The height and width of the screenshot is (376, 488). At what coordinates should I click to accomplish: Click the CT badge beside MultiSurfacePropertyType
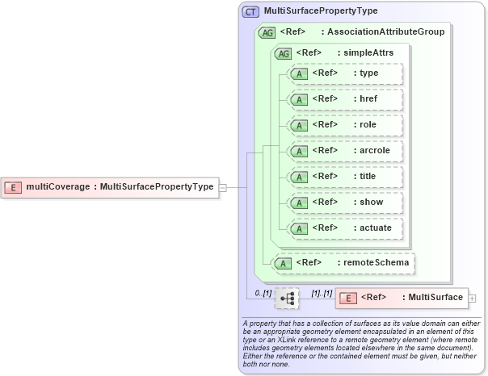(251, 12)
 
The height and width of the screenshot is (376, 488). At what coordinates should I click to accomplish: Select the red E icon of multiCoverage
(14, 187)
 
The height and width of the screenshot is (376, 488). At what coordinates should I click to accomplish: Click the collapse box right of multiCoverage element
(222, 187)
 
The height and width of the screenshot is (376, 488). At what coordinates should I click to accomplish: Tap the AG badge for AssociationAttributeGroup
(267, 32)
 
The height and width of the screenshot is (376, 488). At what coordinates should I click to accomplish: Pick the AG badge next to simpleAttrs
(284, 53)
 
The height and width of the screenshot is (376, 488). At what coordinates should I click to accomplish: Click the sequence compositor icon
(287, 299)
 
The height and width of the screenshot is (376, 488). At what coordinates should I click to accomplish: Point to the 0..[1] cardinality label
(263, 292)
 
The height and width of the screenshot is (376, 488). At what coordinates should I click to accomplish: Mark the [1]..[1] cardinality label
(322, 292)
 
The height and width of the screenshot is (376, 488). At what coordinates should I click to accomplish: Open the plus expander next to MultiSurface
(473, 299)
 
